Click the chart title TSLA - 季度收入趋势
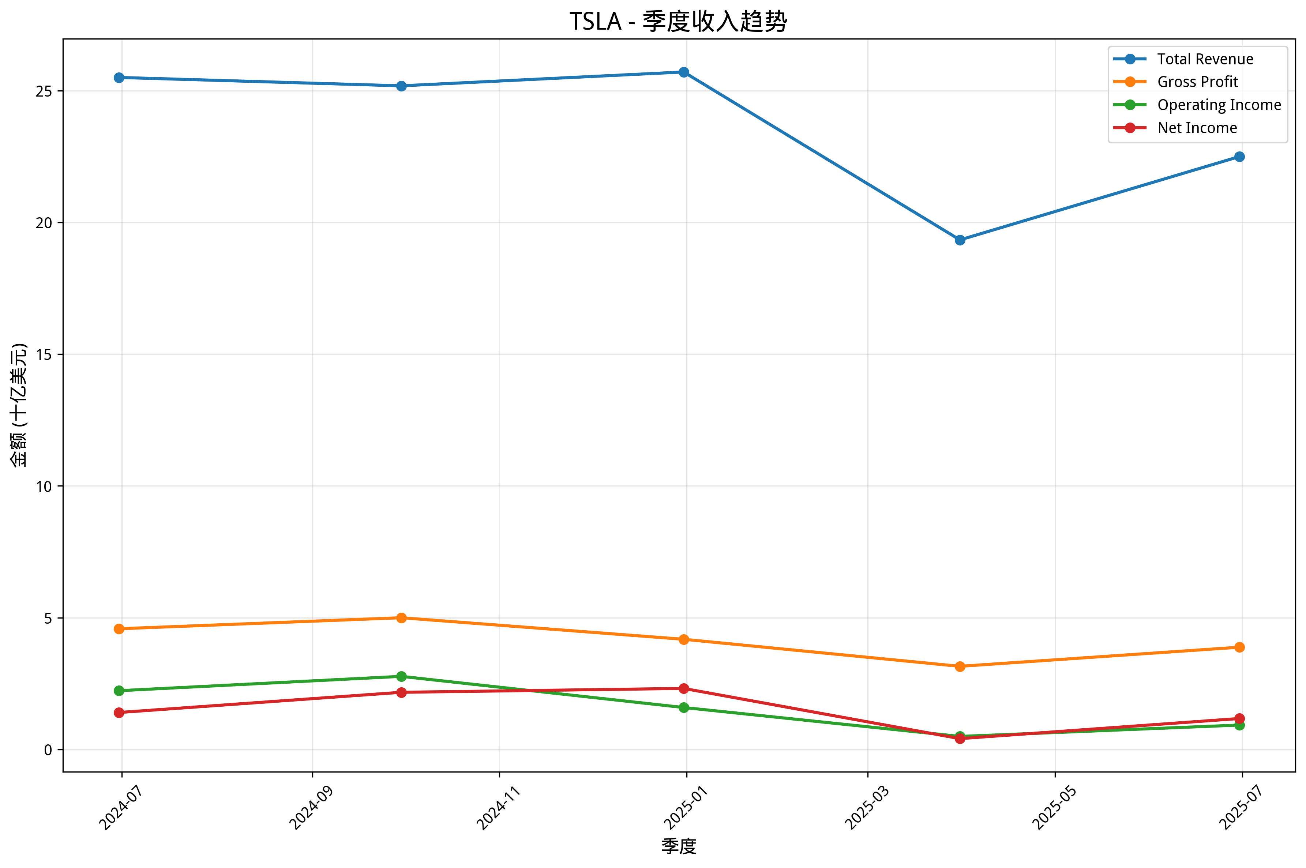(x=678, y=22)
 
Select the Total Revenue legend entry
(x=1205, y=59)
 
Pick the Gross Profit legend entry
(x=1197, y=82)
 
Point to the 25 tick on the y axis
(x=44, y=91)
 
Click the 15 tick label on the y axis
(x=44, y=355)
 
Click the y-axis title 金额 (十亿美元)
(x=19, y=405)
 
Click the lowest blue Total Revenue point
(x=960, y=240)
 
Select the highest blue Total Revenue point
(x=684, y=72)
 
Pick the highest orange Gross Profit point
(x=401, y=618)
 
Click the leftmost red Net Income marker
(x=119, y=713)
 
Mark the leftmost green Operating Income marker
(x=119, y=691)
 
